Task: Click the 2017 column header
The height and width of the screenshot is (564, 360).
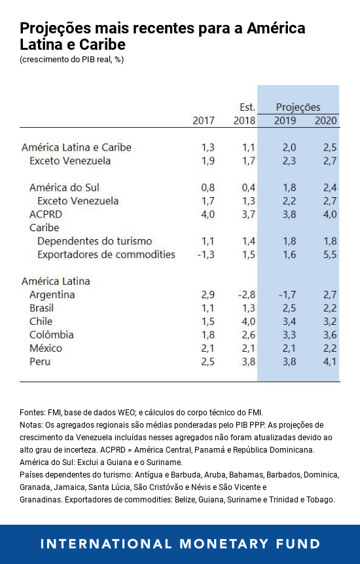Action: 204,121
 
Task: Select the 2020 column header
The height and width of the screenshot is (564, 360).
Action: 326,121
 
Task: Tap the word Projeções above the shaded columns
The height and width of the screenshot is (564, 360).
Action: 298,107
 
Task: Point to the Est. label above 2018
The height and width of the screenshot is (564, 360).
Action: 247,107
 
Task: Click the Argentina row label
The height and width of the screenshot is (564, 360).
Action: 52,295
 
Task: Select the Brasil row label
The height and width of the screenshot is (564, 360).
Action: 42,308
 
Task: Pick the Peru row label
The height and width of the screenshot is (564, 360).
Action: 40,362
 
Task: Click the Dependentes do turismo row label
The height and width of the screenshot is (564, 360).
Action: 95,241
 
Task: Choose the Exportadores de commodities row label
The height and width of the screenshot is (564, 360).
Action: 106,254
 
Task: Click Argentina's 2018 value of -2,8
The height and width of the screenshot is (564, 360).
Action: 245,295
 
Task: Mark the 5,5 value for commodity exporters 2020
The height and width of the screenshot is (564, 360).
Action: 330,254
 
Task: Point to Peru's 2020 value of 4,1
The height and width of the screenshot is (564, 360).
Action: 330,362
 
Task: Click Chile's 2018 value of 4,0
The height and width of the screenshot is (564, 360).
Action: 247,322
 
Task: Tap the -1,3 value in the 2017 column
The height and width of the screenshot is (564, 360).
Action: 206,254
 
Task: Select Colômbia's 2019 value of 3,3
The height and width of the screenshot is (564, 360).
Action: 289,335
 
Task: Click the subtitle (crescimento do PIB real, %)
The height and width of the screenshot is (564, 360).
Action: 72,60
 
